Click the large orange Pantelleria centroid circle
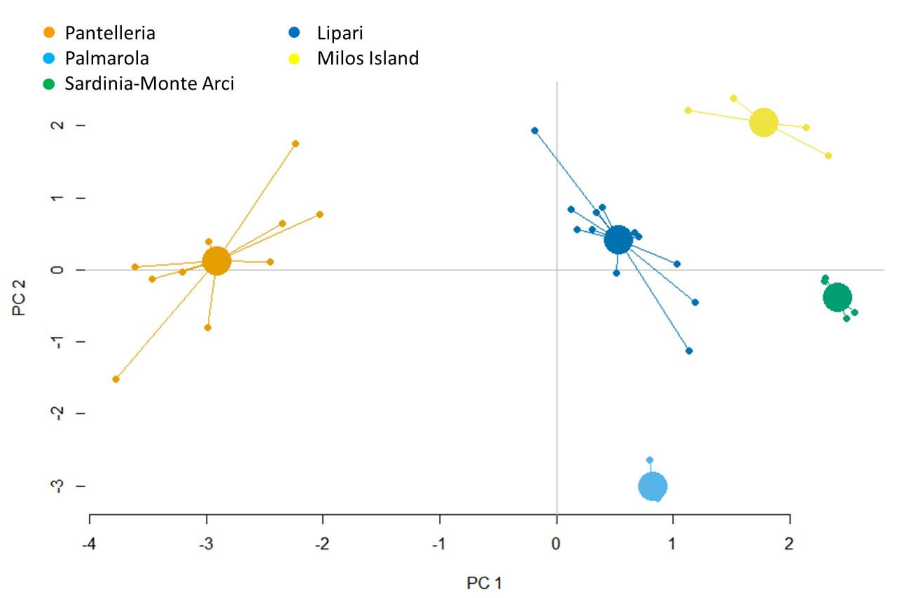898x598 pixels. [x=216, y=261]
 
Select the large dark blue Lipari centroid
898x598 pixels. [x=618, y=240]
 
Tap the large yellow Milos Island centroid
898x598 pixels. [x=763, y=123]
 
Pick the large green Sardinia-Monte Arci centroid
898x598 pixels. [x=837, y=297]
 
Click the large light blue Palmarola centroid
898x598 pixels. [x=652, y=486]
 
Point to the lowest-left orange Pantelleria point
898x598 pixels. [x=116, y=379]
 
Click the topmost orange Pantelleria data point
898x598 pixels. [x=295, y=144]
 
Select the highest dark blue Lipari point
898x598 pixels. [x=535, y=131]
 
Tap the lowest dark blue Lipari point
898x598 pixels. [x=689, y=351]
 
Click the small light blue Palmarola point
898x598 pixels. [x=650, y=460]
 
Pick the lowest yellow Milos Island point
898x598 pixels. [x=828, y=156]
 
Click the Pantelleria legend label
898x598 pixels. [x=110, y=33]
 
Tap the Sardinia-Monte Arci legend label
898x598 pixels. [x=149, y=84]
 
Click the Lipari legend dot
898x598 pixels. [x=294, y=33]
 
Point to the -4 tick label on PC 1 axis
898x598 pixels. [x=89, y=544]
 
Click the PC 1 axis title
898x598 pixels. [x=484, y=583]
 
